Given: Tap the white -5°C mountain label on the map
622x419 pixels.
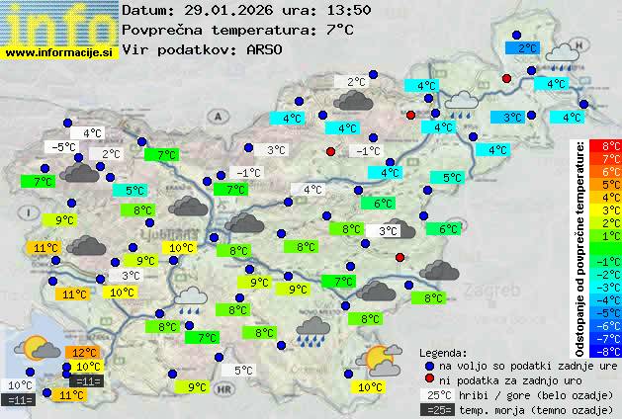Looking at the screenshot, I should (x=63, y=147).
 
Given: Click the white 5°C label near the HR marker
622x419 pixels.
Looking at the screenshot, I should (x=242, y=371).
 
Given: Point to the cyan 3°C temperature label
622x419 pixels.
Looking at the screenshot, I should (x=511, y=118).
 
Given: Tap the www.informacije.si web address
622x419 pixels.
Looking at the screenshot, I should (x=59, y=50).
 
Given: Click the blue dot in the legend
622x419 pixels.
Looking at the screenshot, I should (x=428, y=365).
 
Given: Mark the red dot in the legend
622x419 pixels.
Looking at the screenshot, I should (x=428, y=379).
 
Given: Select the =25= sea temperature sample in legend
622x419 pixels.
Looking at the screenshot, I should (x=437, y=409).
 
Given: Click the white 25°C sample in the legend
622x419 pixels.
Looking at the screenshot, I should (x=437, y=394).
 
